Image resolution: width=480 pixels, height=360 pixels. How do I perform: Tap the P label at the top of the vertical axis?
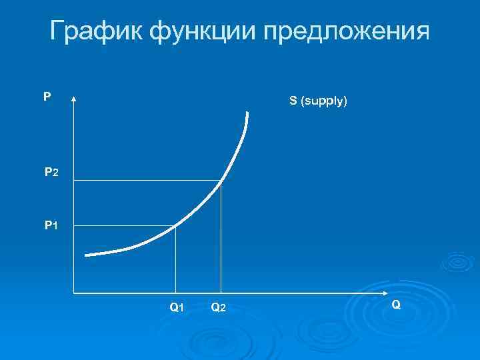pos(47,97)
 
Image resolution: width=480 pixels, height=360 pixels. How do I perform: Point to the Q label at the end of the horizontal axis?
pos(396,305)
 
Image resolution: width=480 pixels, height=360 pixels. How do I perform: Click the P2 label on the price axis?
pos(51,173)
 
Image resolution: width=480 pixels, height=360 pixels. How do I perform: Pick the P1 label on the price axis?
pos(51,226)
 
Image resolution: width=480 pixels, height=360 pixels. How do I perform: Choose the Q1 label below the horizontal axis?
pos(177,307)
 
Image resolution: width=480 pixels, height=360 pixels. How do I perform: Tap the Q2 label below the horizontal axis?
pos(218,307)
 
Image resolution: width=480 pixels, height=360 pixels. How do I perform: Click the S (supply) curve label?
pos(317,102)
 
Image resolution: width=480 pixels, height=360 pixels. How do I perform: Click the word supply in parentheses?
pos(324,102)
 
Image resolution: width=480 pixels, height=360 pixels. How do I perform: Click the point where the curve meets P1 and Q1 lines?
pos(175,227)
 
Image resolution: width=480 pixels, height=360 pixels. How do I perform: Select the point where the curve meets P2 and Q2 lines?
pos(221,181)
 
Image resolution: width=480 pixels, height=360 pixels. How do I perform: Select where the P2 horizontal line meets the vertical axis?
pos(73,181)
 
